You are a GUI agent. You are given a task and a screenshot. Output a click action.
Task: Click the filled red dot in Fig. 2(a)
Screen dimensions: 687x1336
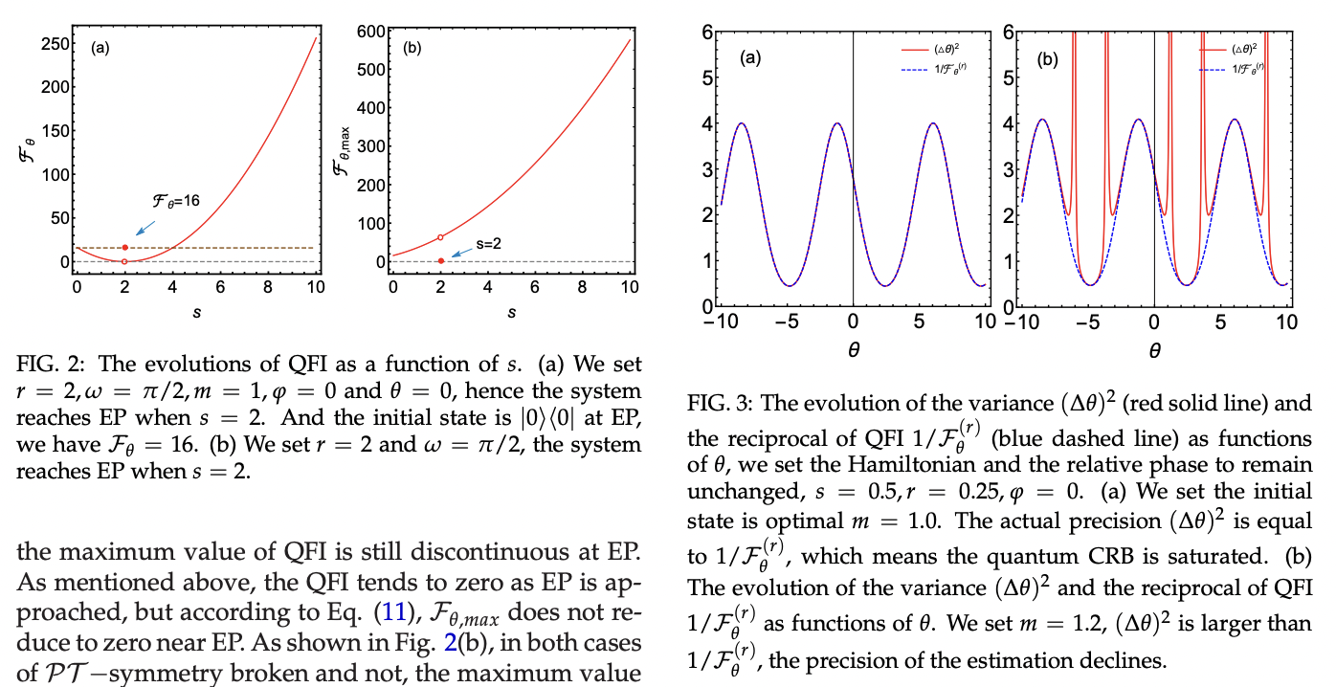coord(124,248)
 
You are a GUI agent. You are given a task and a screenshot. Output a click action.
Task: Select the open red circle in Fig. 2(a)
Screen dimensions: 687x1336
coord(124,261)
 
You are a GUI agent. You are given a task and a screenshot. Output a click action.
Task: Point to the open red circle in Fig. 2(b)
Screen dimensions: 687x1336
coord(440,237)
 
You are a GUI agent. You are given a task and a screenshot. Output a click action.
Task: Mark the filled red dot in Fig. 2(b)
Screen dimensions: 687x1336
coord(440,261)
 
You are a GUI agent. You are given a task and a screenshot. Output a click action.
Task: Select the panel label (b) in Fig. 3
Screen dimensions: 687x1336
coord(1050,58)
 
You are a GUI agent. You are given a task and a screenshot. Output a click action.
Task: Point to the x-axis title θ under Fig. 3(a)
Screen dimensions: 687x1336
coord(853,351)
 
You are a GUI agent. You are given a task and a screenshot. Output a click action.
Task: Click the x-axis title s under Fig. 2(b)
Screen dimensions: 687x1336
coord(510,313)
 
